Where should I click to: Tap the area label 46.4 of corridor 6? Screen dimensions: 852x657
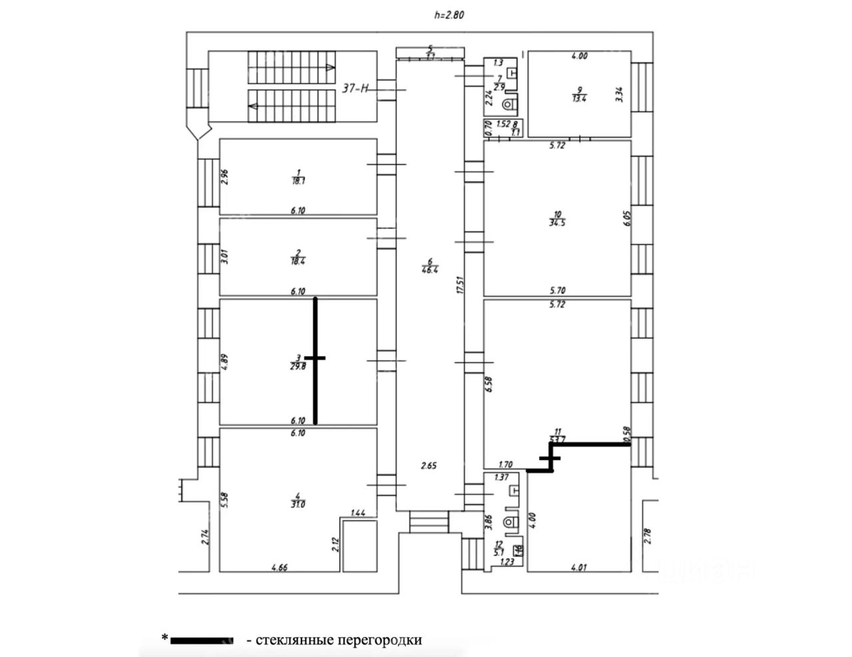pyautogui.click(x=429, y=270)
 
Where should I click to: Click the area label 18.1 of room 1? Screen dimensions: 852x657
pyautogui.click(x=298, y=180)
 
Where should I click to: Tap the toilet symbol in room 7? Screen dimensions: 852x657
pyautogui.click(x=510, y=104)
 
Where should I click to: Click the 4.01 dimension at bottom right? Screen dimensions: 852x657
pyautogui.click(x=578, y=568)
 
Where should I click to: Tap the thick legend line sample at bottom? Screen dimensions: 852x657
pyautogui.click(x=202, y=640)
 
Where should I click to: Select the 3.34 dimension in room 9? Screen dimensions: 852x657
pyautogui.click(x=620, y=93)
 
